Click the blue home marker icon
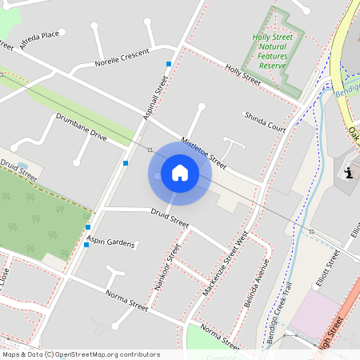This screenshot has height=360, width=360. [179, 172]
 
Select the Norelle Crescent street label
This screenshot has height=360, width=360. [122, 58]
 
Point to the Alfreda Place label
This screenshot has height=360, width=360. [40, 40]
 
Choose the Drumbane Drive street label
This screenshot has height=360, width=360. [81, 126]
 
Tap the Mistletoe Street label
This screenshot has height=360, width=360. [203, 151]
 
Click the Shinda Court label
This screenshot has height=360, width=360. [265, 122]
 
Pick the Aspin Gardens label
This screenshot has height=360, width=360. [111, 241]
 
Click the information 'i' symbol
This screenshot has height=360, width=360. [348, 173]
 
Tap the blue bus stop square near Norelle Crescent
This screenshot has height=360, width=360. [169, 64]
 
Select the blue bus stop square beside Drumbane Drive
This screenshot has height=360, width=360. [126, 163]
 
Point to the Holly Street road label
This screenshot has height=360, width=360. [243, 75]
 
